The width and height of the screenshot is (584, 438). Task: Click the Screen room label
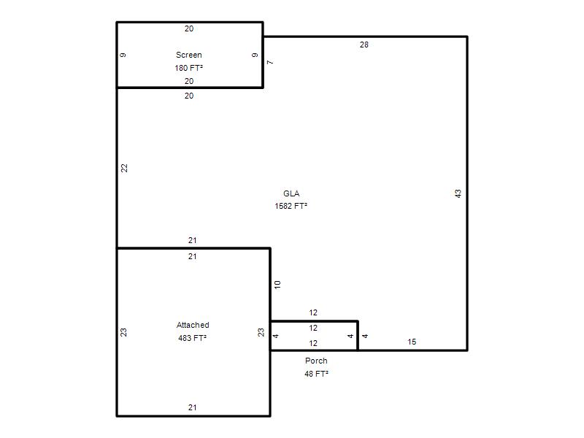pyautogui.click(x=189, y=55)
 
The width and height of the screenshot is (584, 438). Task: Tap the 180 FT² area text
pyautogui.click(x=189, y=68)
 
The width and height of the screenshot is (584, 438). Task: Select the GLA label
pyautogui.click(x=291, y=193)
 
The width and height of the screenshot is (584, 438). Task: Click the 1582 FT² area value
pyautogui.click(x=291, y=207)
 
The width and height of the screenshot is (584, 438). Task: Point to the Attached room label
pyautogui.click(x=193, y=325)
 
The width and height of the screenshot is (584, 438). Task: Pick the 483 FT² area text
pyautogui.click(x=193, y=338)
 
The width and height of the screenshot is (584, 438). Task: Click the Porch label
pyautogui.click(x=316, y=361)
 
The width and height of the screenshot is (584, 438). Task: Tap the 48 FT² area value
pyautogui.click(x=316, y=374)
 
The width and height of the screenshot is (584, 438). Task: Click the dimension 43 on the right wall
pyautogui.click(x=458, y=193)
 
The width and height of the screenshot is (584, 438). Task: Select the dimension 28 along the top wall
pyautogui.click(x=364, y=45)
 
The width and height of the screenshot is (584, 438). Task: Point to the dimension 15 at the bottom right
pyautogui.click(x=412, y=342)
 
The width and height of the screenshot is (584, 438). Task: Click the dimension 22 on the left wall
pyautogui.click(x=124, y=168)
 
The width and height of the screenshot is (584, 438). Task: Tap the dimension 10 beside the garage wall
pyautogui.click(x=277, y=285)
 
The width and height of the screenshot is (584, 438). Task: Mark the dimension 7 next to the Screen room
pyautogui.click(x=270, y=62)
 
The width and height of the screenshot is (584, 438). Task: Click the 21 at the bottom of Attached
pyautogui.click(x=192, y=407)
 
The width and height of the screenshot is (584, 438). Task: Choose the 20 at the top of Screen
pyautogui.click(x=189, y=28)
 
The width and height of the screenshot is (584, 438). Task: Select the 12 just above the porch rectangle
pyautogui.click(x=313, y=313)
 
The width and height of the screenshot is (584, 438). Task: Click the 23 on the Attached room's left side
pyautogui.click(x=123, y=332)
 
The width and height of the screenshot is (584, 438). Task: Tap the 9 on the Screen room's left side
pyautogui.click(x=123, y=55)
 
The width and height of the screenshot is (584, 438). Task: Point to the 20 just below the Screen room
pyautogui.click(x=189, y=96)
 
